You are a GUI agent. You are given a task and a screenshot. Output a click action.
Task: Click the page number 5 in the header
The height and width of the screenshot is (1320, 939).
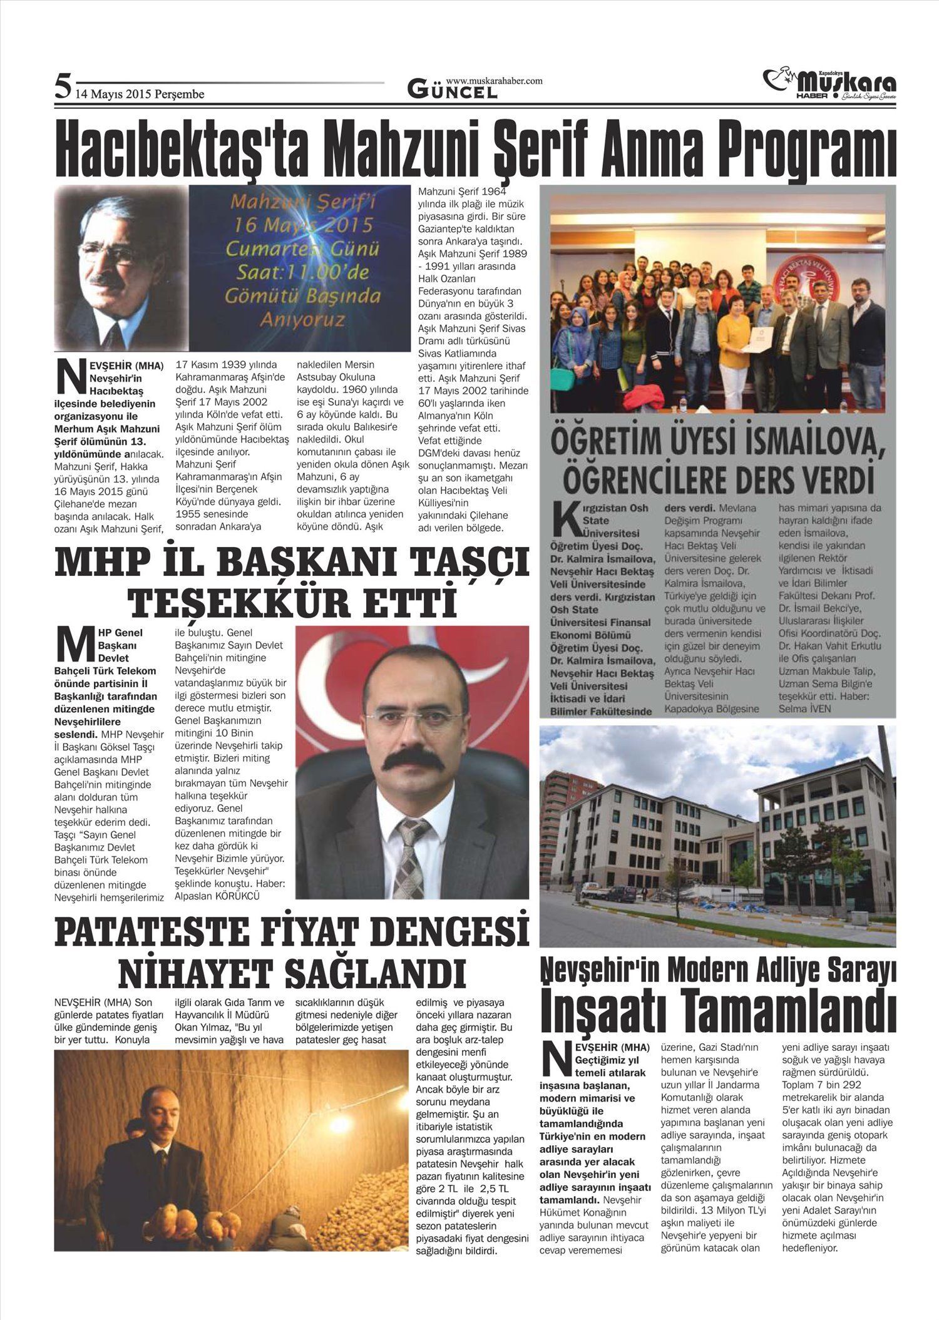tap(62, 86)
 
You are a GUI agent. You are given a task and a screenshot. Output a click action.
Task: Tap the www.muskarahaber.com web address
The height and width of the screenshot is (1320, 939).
tap(494, 81)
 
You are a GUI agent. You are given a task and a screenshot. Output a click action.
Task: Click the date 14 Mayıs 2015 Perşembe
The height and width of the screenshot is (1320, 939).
tap(140, 95)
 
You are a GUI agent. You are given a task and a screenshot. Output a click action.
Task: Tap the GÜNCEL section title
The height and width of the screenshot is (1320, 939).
tap(452, 91)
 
